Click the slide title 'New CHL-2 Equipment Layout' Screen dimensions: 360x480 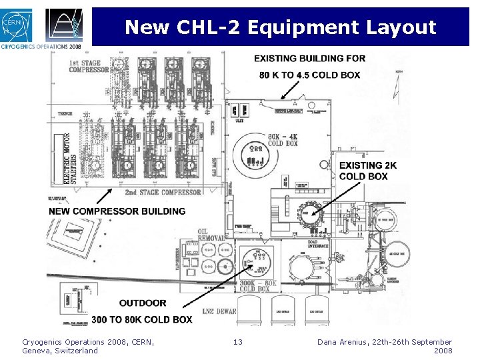click(x=280, y=27)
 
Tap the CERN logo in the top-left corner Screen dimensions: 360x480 click(x=15, y=25)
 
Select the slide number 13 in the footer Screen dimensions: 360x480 click(x=238, y=342)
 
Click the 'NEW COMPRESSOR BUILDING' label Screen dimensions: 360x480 click(x=117, y=211)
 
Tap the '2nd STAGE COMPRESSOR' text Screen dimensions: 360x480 click(x=163, y=193)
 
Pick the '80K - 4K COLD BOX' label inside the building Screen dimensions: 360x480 click(x=283, y=141)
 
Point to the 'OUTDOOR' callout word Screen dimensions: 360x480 click(x=143, y=303)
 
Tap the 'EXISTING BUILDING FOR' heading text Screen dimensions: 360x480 click(x=309, y=59)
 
